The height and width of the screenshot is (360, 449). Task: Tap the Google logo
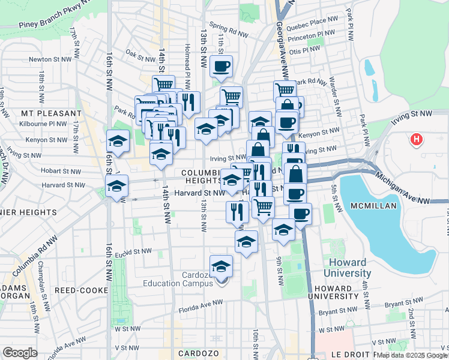[x=20, y=353]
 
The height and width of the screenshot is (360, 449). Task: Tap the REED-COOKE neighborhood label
[x=81, y=290]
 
